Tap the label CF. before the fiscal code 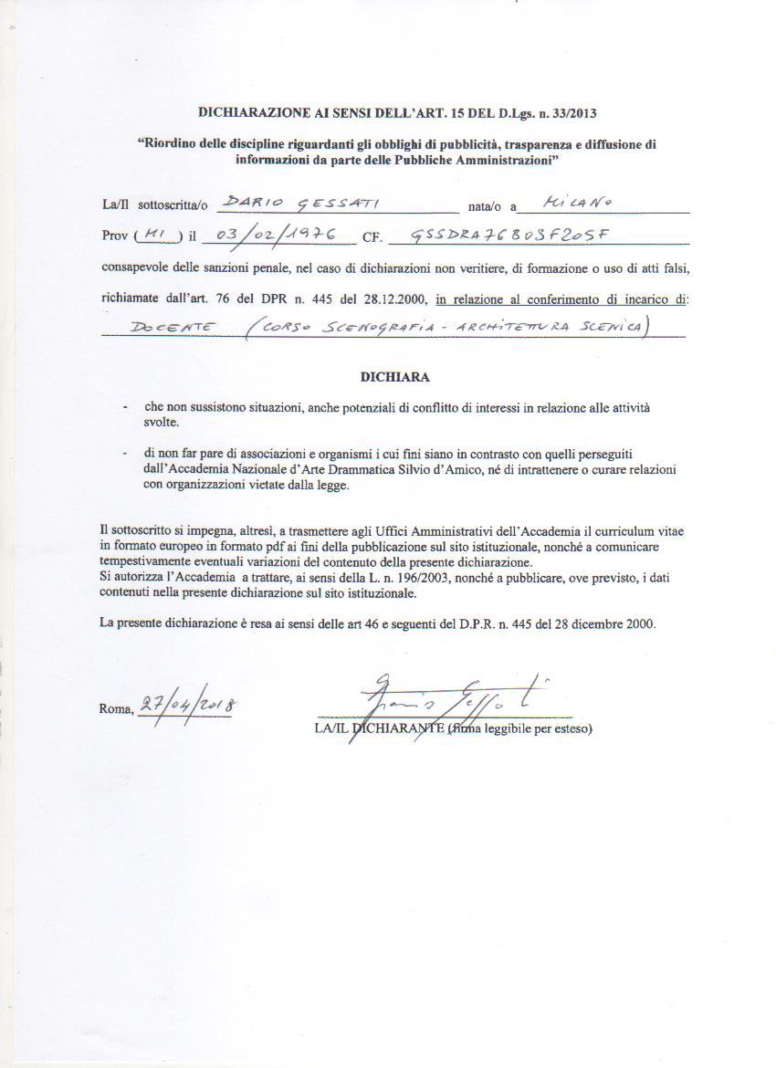[372, 238]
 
